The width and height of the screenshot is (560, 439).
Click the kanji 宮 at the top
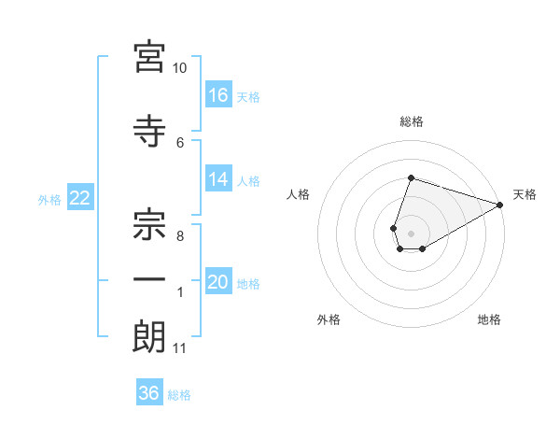coord(149,57)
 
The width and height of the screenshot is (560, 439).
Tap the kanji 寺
coord(149,131)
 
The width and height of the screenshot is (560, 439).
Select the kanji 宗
coord(149,224)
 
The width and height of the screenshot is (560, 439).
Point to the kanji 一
coord(149,279)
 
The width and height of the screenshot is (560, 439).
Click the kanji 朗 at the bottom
coord(149,336)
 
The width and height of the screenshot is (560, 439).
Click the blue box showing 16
coord(218,94)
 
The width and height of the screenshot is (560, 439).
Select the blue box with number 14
coord(218,178)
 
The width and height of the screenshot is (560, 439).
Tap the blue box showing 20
coord(218,280)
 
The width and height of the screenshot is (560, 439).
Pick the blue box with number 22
coord(80,197)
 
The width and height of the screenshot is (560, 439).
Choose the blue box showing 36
coord(149,391)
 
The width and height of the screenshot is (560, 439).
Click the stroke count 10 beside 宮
coord(179,68)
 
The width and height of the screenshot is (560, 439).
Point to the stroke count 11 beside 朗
coord(179,348)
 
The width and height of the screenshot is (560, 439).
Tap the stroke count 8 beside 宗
coord(180,236)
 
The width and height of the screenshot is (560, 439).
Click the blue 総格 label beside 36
coord(179,395)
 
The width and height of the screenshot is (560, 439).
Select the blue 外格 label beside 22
coord(49,200)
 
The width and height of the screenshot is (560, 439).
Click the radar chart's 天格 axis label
coord(525,194)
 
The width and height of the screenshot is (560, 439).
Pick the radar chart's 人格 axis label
coord(298,194)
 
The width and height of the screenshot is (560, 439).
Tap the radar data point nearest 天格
coord(500,205)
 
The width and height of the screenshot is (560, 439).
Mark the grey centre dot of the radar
coord(411,234)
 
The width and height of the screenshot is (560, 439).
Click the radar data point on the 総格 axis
coord(411,177)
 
